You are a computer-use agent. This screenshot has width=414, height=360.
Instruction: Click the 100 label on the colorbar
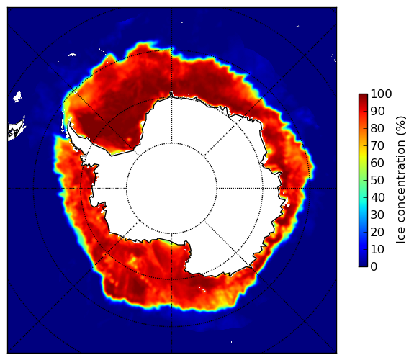[x=381, y=94]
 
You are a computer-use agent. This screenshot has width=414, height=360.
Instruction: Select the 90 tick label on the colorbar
[x=377, y=111]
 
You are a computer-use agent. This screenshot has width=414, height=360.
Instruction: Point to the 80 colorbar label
[x=377, y=129]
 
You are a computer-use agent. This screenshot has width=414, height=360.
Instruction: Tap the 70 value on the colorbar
[x=377, y=145]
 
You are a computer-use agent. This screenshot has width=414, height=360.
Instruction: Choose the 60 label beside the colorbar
[x=377, y=163]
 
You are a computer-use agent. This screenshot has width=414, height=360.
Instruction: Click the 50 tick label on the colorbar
[x=377, y=181]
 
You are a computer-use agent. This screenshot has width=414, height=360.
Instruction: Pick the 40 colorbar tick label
[x=377, y=197]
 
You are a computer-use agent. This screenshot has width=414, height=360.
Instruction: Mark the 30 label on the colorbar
[x=377, y=215]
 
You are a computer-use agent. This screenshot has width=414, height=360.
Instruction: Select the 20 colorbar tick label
[x=377, y=232]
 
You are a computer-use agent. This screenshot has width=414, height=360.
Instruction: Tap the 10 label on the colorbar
[x=377, y=249]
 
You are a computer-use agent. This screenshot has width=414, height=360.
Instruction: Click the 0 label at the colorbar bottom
[x=374, y=267]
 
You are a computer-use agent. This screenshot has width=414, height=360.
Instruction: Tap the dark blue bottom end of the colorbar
[x=363, y=265]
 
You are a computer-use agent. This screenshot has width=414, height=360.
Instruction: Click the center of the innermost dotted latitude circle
[x=171, y=189]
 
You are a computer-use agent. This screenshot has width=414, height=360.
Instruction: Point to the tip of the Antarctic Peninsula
[x=69, y=123]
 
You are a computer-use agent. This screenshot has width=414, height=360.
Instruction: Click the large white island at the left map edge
[x=17, y=130]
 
